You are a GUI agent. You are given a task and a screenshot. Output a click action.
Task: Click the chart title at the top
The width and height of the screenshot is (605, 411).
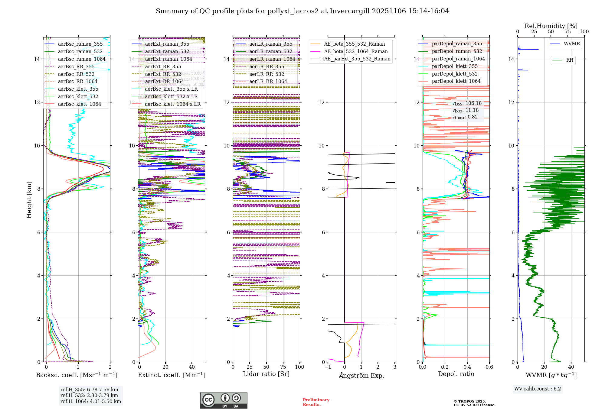pos(302,11)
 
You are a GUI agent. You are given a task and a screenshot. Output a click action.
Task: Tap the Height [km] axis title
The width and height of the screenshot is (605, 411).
pos(29,200)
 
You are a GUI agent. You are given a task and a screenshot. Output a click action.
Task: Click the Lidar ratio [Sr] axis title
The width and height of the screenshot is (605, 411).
pos(266,374)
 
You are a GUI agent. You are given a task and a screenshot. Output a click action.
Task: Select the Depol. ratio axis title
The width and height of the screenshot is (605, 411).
pos(456,374)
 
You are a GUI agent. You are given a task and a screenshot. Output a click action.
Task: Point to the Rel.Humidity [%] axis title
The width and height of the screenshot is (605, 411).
pos(551,26)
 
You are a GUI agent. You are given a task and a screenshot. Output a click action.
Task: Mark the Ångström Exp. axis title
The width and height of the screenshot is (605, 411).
pos(361,376)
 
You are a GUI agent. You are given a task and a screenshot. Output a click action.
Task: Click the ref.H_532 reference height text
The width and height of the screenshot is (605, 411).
pos(89,396)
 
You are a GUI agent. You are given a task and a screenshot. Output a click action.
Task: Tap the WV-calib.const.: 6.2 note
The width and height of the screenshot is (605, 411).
pos(538,389)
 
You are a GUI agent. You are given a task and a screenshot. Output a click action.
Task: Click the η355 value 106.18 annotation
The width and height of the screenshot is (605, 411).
pos(467,103)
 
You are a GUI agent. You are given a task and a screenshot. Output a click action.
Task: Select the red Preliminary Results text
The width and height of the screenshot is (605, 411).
pos(316,402)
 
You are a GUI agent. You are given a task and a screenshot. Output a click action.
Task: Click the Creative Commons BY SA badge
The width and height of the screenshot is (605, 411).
pos(224,400)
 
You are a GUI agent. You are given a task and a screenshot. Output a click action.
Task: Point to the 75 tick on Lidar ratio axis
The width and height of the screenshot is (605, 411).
pos(283,367)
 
